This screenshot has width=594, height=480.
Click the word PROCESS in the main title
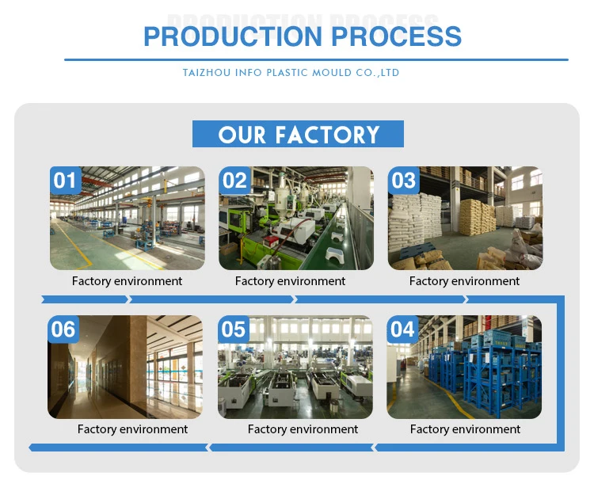(x=396, y=36)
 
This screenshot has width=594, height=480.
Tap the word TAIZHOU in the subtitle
(x=204, y=73)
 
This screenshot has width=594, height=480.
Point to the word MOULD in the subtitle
(x=332, y=73)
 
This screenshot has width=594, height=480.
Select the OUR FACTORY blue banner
(x=298, y=134)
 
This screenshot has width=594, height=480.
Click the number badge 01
(x=64, y=181)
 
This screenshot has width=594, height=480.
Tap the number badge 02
(x=234, y=181)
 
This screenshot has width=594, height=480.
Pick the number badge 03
(x=403, y=181)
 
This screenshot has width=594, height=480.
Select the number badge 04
(x=402, y=329)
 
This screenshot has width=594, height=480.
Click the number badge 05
(x=234, y=329)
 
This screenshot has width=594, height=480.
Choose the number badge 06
(x=63, y=329)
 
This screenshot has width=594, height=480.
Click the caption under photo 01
(x=127, y=281)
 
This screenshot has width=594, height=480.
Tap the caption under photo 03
(x=464, y=281)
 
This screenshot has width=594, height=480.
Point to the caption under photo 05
(x=303, y=429)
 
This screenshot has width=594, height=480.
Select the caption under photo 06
(x=132, y=429)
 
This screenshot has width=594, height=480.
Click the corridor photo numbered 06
(x=125, y=372)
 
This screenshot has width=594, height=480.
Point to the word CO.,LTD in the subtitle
(x=380, y=73)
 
